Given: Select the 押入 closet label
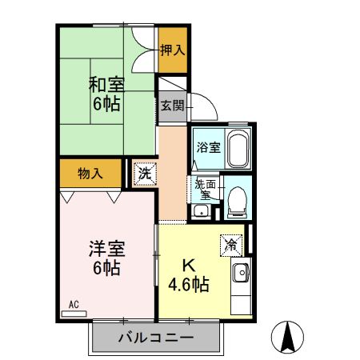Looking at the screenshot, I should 171,50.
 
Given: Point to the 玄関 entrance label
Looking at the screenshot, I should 171,105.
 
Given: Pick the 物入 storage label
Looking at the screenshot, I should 90,173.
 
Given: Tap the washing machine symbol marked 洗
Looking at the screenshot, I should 144,174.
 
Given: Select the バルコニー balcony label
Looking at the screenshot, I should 155,338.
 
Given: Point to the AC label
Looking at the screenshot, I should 73,304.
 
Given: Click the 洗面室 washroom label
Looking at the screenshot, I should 204,188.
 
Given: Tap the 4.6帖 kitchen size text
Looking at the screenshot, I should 189,285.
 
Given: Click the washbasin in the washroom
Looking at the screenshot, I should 201,211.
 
